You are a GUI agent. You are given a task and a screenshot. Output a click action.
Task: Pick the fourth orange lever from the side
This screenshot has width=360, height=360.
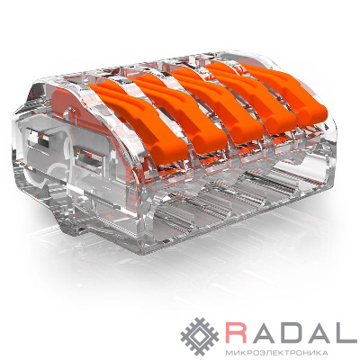(252, 96)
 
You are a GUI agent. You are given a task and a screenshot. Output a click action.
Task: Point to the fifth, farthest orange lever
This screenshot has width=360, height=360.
(285, 90)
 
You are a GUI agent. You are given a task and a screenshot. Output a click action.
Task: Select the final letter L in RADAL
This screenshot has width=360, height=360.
(346, 332)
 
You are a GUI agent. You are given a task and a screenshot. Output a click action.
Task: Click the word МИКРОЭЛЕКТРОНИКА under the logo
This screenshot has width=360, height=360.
(277, 352)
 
